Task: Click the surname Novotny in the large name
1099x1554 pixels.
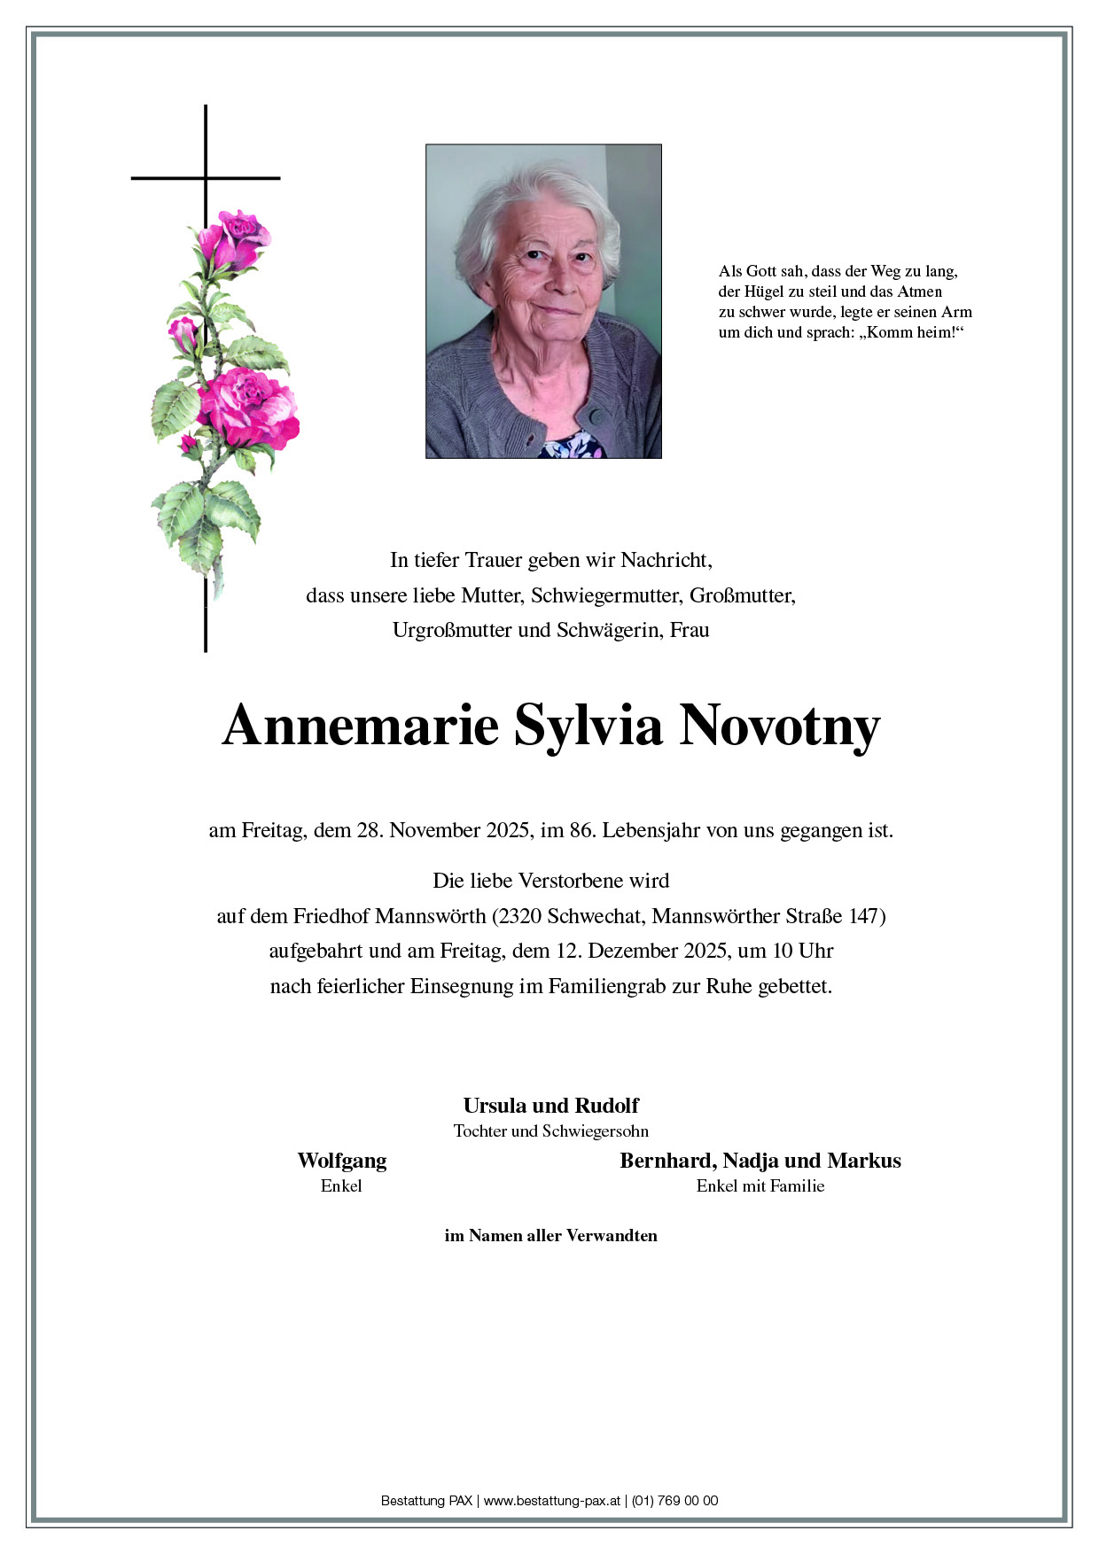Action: pyautogui.click(x=779, y=726)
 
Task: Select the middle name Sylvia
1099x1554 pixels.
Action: pyautogui.click(x=588, y=726)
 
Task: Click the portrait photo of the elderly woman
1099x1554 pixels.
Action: pyautogui.click(x=543, y=301)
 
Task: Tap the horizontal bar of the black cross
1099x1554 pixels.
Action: pyautogui.click(x=206, y=178)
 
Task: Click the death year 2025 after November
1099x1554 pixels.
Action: pyautogui.click(x=508, y=830)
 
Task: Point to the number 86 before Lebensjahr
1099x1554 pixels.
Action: pyautogui.click(x=581, y=830)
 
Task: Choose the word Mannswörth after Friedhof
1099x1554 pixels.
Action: pyautogui.click(x=431, y=915)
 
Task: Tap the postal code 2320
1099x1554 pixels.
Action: pyautogui.click(x=520, y=915)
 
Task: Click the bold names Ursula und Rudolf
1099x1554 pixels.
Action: pyautogui.click(x=550, y=1105)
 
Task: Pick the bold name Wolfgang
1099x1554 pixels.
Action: pyautogui.click(x=341, y=1160)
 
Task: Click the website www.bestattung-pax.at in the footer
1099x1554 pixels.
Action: pyautogui.click(x=551, y=1501)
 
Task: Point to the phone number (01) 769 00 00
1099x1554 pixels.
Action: pyautogui.click(x=674, y=1501)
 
